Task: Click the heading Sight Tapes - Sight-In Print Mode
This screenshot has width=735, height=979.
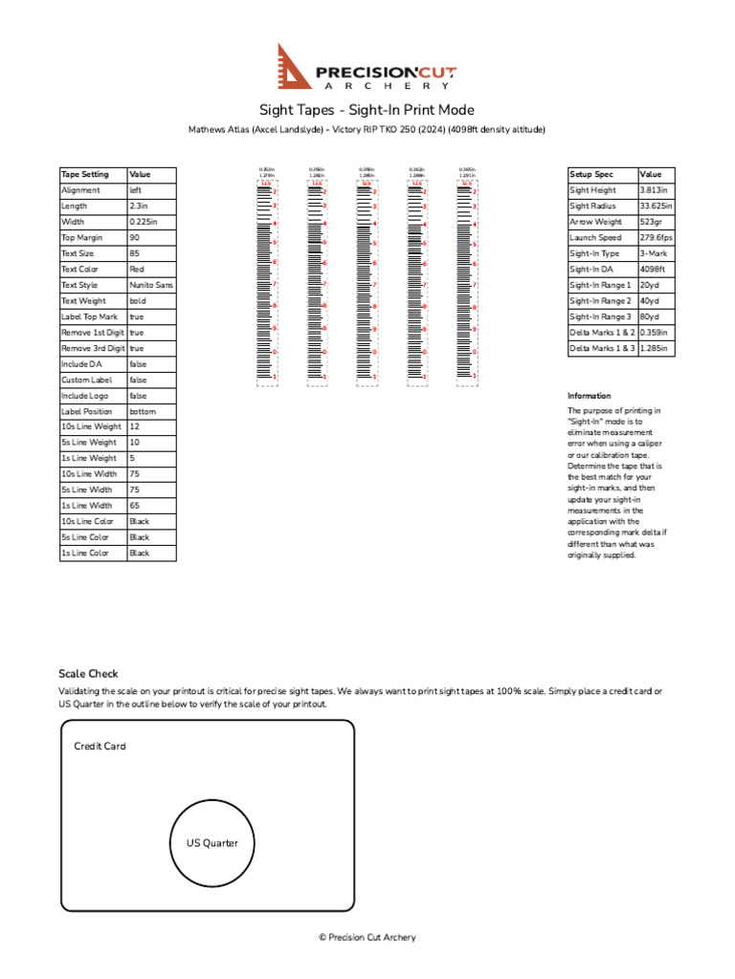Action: [367, 110]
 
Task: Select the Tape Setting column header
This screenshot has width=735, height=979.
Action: [85, 175]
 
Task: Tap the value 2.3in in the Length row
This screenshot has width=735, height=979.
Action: [139, 207]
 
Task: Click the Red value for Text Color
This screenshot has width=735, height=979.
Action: [138, 270]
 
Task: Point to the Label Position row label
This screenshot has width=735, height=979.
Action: [86, 411]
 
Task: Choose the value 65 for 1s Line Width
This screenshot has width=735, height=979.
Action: [135, 506]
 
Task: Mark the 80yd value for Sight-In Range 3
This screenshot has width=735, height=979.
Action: [650, 316]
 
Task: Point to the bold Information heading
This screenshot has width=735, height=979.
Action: [589, 396]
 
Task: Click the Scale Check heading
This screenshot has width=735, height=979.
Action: [89, 674]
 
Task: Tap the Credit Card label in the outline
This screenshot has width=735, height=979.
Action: [100, 746]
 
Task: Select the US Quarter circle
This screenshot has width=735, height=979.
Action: [212, 842]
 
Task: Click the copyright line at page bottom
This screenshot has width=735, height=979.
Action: [367, 938]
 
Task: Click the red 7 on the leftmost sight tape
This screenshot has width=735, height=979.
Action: [275, 284]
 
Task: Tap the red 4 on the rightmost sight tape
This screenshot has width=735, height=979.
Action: [476, 224]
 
